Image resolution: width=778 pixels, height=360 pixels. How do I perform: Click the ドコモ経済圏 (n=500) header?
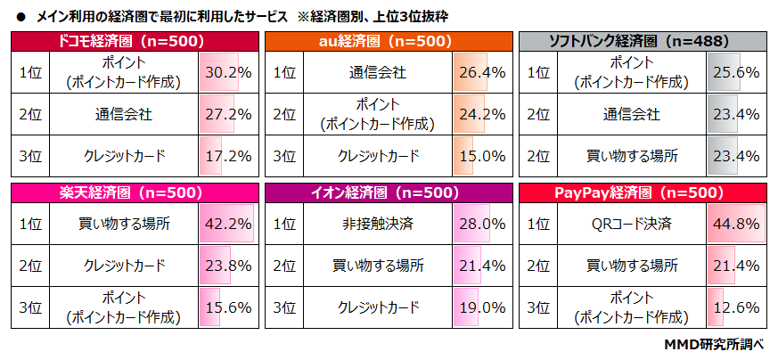tap(133, 41)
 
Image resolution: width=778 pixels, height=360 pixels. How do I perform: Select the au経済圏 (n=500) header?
tap(389, 41)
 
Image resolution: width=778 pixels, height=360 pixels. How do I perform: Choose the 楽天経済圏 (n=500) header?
tap(133, 192)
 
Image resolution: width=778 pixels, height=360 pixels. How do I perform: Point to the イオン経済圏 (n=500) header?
tap(389, 192)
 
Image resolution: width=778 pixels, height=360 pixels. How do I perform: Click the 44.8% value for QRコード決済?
tap(736, 224)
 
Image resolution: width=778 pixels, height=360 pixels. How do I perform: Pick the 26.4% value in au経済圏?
tap(482, 73)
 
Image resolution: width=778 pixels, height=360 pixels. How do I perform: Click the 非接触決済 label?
tap(378, 224)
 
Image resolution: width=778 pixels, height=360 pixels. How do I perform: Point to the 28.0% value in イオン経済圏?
tap(482, 224)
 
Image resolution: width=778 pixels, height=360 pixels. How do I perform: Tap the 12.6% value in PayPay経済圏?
tap(736, 307)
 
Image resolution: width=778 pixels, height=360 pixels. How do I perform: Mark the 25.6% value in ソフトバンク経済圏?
tap(736, 73)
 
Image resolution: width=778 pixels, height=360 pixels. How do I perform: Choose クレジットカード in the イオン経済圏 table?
tap(378, 307)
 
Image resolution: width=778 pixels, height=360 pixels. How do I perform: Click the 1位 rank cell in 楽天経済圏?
tap(30, 224)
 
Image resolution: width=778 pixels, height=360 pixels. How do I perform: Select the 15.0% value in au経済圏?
tap(482, 156)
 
